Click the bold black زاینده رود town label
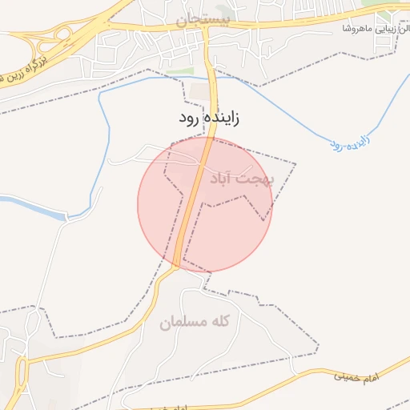(210, 118)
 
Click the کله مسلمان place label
(195, 322)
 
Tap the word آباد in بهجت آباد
(225, 178)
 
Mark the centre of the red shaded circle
(205, 204)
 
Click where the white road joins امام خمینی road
(296, 374)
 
